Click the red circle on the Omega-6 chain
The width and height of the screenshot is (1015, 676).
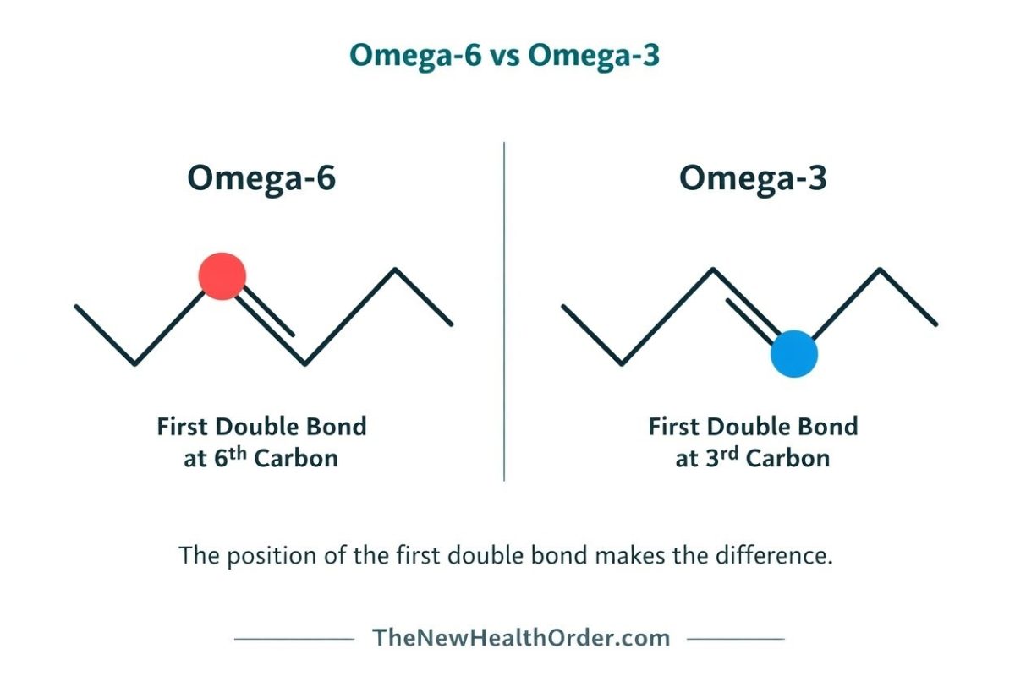[x=222, y=275]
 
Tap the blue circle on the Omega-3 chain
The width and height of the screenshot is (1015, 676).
[x=794, y=353]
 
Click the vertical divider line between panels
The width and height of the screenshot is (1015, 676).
[x=505, y=313]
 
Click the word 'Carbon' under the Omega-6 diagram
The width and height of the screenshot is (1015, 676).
[x=296, y=459]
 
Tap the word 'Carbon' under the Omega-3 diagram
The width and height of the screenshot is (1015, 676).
[x=787, y=459]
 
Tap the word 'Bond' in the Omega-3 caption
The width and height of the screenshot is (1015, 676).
[x=830, y=426]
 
